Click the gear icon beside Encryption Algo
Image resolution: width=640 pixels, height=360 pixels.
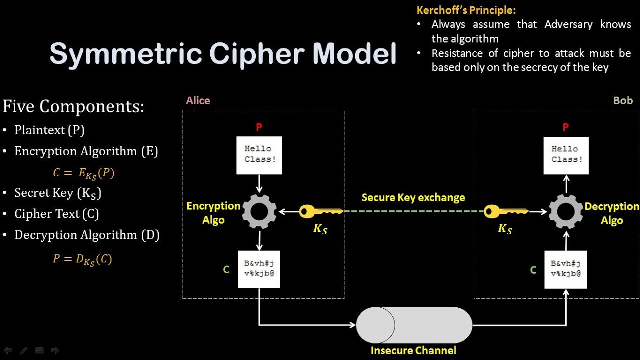click(x=259, y=211)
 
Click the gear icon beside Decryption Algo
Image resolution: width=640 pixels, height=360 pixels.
click(x=566, y=211)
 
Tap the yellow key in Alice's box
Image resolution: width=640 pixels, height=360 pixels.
click(x=320, y=212)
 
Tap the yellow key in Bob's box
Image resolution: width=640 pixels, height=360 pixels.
click(x=505, y=212)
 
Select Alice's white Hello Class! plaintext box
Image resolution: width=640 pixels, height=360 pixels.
click(x=259, y=155)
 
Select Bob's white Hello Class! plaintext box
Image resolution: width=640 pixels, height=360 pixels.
click(x=566, y=155)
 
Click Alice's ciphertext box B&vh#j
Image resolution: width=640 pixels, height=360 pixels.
click(x=259, y=269)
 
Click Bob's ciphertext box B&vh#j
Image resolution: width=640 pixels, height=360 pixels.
click(x=565, y=269)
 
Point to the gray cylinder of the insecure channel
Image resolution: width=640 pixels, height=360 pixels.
click(x=414, y=325)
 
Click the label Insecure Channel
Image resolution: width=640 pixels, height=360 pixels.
click(x=413, y=351)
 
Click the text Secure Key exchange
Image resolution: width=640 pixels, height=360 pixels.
click(x=413, y=198)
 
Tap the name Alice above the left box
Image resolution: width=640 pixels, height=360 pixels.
click(x=198, y=101)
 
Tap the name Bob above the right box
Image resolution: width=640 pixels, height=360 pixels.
click(x=623, y=101)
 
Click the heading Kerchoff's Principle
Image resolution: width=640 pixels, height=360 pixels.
click(x=466, y=10)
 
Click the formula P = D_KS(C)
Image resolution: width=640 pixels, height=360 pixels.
click(x=82, y=259)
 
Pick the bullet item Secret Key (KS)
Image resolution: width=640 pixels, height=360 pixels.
click(x=58, y=193)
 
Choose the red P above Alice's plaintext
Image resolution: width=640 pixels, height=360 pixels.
click(x=259, y=127)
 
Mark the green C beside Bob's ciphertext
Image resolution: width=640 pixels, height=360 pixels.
click(x=533, y=270)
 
